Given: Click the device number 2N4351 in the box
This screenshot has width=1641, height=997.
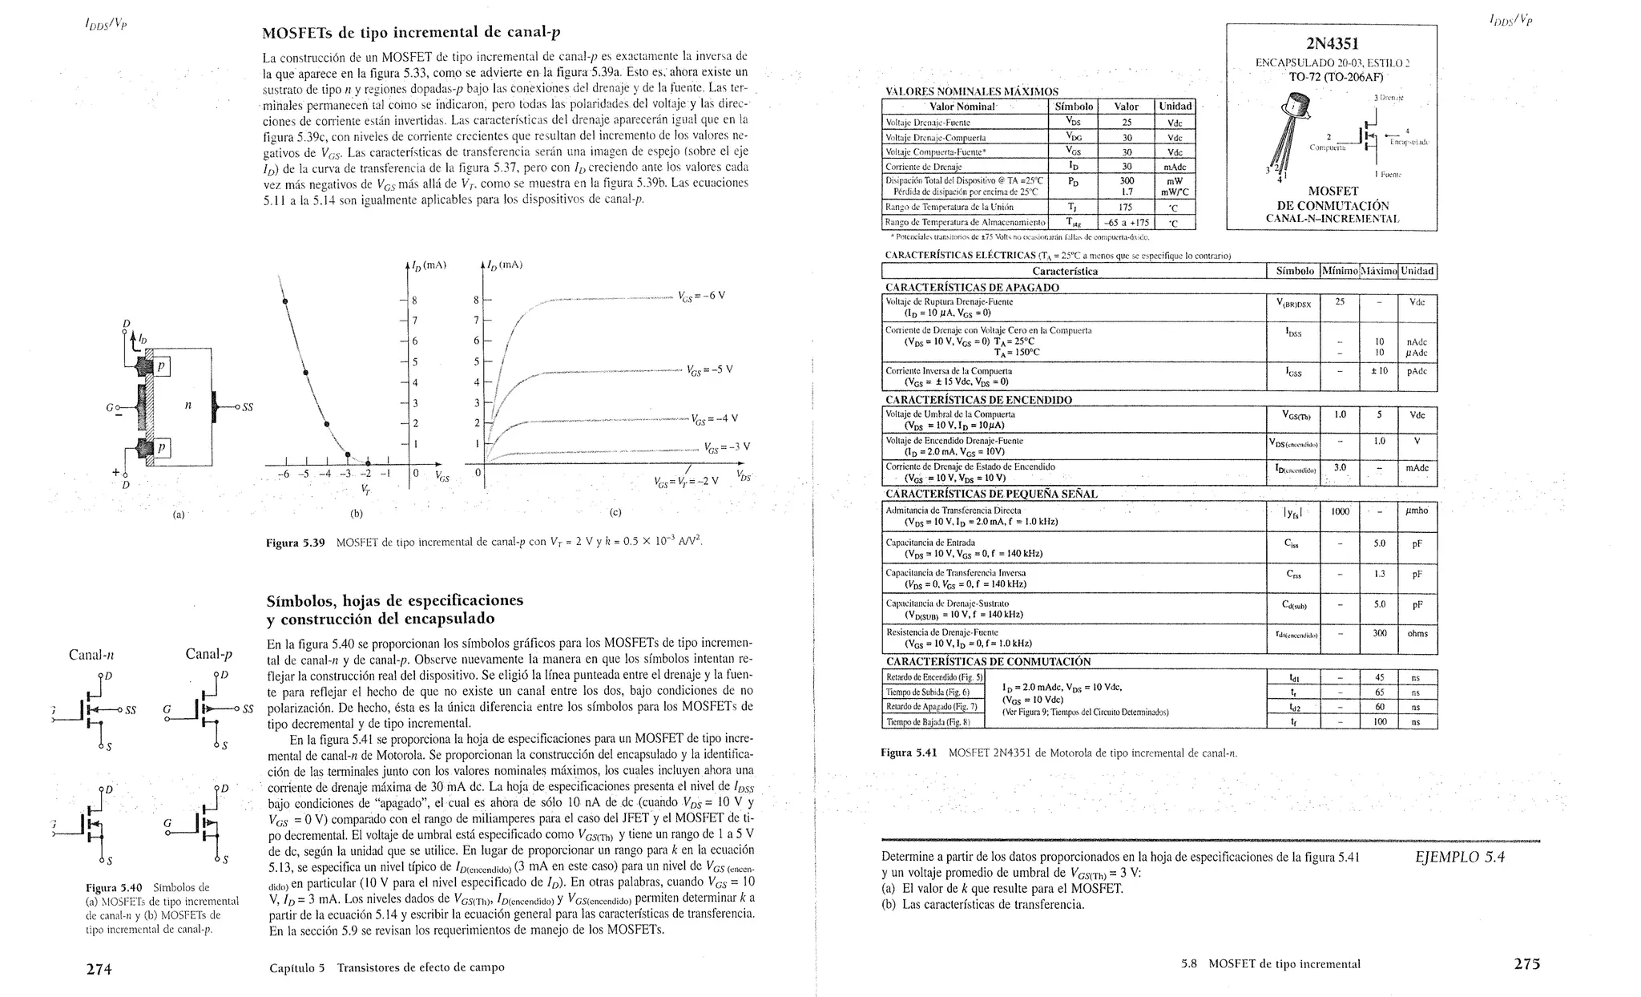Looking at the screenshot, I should tap(1332, 44).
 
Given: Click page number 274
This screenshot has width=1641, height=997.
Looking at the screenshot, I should tap(99, 969).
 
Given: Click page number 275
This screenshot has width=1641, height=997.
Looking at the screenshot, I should tap(1526, 964).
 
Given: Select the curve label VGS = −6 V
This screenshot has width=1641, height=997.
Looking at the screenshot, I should tap(701, 296).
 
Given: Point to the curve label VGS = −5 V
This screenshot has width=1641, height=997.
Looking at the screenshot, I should tap(709, 370).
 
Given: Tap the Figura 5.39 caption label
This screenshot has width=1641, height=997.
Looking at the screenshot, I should tap(295, 543).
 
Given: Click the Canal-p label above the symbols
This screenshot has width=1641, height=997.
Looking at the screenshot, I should tap(208, 654).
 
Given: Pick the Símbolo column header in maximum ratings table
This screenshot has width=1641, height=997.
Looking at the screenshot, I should tap(1074, 107).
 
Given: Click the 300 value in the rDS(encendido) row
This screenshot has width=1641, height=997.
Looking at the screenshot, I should tap(1379, 633).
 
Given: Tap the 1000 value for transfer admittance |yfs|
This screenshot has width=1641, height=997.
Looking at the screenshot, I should tap(1340, 511).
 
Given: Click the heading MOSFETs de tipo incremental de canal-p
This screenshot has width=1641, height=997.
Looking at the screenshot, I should tap(411, 33).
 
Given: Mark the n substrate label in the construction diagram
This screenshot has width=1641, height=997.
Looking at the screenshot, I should tap(187, 406).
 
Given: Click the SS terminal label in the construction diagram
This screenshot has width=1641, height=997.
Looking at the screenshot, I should tap(247, 407).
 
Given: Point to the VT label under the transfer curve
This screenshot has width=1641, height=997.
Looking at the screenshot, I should tap(365, 489).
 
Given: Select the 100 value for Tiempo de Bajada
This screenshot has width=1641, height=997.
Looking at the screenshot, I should tap(1379, 722).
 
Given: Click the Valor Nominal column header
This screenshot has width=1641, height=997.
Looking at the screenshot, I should tap(962, 107).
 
